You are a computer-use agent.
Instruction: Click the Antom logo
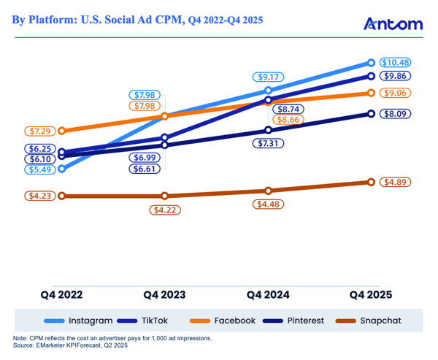(393, 24)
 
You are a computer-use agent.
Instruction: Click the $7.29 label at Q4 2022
(38, 131)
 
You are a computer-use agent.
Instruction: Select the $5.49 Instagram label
(38, 169)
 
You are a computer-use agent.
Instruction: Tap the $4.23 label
(38, 196)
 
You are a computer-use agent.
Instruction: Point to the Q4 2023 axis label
(165, 295)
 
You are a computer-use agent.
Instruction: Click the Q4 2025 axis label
(370, 295)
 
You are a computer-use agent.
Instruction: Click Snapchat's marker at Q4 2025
(372, 182)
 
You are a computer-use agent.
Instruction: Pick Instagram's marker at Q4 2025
(372, 63)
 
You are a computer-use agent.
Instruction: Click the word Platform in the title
(60, 20)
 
